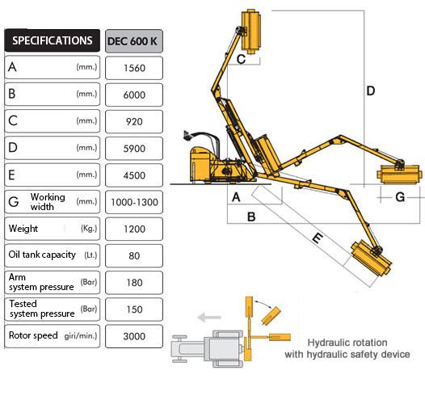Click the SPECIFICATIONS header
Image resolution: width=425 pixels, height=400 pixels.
click(53, 40)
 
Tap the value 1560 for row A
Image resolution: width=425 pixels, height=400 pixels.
click(134, 68)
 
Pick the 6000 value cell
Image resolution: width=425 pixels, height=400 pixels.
click(134, 95)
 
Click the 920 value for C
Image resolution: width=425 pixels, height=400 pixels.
click(134, 122)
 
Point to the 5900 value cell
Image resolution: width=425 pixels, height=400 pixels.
click(134, 149)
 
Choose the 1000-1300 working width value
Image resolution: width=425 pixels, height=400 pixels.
click(134, 202)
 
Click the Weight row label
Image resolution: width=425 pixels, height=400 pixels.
click(23, 229)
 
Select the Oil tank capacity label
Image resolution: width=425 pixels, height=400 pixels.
click(42, 255)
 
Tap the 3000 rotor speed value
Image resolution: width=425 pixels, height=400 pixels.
click(134, 336)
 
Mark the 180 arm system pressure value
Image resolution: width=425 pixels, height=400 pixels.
click(134, 283)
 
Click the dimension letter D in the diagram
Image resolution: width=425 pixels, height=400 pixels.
click(371, 91)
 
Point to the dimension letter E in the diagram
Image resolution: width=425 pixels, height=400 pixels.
click(318, 238)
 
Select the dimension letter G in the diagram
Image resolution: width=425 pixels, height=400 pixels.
click(400, 197)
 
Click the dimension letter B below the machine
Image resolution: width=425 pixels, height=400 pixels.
click(251, 217)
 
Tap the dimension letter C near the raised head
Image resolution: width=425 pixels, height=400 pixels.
click(241, 59)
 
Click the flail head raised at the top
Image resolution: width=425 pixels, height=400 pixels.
click(251, 32)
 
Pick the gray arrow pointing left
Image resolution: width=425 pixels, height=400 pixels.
click(209, 317)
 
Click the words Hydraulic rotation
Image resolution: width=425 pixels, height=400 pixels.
click(347, 343)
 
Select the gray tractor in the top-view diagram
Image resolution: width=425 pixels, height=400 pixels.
click(208, 349)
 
